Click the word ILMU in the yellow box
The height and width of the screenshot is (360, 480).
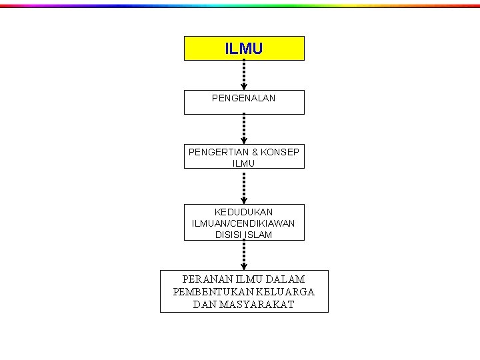(x=244, y=49)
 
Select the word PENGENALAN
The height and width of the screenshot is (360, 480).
(x=244, y=98)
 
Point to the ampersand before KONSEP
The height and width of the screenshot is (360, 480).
(x=255, y=152)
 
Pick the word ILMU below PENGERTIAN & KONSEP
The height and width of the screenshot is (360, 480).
(x=244, y=163)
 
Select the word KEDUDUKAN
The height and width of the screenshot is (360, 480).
(x=244, y=212)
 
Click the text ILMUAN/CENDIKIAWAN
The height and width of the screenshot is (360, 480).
(x=244, y=223)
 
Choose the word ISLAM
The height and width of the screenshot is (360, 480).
(x=259, y=235)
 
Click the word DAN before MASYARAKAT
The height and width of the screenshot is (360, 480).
(x=205, y=305)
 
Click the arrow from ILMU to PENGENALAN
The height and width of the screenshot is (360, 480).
(x=244, y=75)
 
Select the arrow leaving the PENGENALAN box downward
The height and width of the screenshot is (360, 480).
(x=244, y=129)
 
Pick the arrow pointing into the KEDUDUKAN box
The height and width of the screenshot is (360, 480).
(x=244, y=187)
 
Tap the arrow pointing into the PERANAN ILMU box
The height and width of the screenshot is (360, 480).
(x=244, y=254)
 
